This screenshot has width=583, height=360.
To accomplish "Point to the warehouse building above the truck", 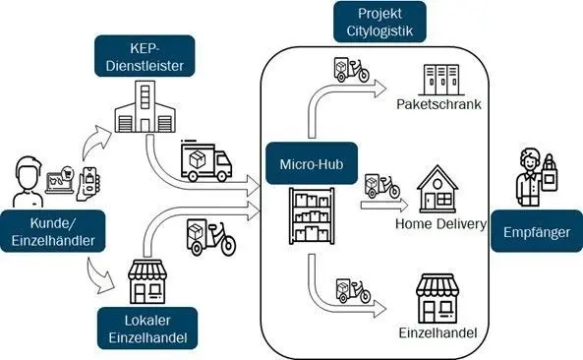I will coord(144,107).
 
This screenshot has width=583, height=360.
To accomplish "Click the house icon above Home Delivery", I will coord(439,190).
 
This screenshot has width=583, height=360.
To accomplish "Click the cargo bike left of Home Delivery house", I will coord(380,187).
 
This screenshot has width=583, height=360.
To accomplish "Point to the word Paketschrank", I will coord(437,104).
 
